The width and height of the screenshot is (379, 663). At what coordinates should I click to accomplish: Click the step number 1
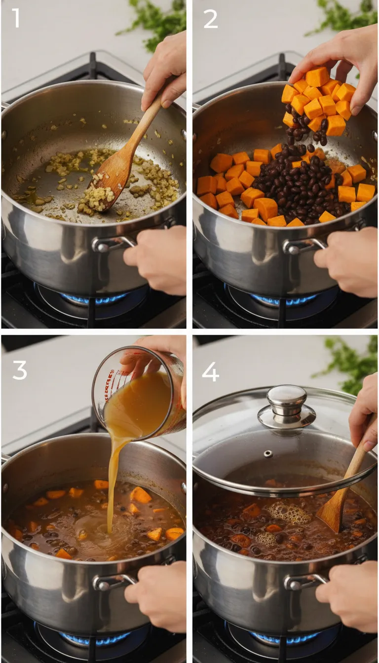16,18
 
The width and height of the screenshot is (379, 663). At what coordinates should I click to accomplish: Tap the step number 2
210,18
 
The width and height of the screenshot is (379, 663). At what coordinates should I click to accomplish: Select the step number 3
19,370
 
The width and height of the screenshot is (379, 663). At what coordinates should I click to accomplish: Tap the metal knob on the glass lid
286,403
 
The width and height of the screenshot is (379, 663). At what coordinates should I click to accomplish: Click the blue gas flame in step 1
94,298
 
